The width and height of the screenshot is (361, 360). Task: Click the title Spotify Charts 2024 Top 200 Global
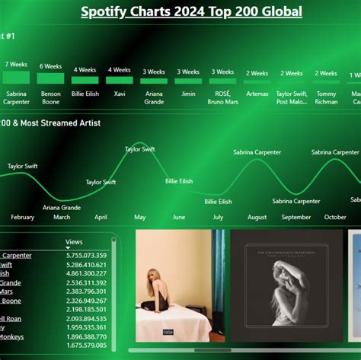tap(191, 11)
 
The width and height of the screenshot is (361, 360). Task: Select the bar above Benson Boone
tap(50, 78)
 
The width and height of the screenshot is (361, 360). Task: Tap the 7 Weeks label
tap(17, 65)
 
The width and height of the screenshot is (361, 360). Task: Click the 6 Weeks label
tap(50, 66)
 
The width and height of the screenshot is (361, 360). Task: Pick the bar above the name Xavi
tap(119, 80)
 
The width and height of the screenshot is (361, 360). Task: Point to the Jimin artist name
tap(188, 94)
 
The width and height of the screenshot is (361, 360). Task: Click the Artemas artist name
tap(257, 94)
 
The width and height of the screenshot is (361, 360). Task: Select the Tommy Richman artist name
tap(326, 97)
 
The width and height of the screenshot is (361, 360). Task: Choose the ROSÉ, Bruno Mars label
tap(223, 97)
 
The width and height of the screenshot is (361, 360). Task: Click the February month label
tap(22, 217)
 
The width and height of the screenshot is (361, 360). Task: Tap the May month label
tap(140, 217)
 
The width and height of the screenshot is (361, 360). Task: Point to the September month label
tap(296, 217)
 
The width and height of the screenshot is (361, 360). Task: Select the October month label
tap(335, 217)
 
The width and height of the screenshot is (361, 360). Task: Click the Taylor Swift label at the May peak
tap(140, 149)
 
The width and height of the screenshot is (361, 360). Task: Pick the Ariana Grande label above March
tap(62, 207)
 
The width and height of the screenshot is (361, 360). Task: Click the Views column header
tap(74, 242)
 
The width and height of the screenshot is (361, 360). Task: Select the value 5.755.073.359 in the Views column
tap(85, 256)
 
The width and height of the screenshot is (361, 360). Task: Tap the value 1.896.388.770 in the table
tap(85, 336)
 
